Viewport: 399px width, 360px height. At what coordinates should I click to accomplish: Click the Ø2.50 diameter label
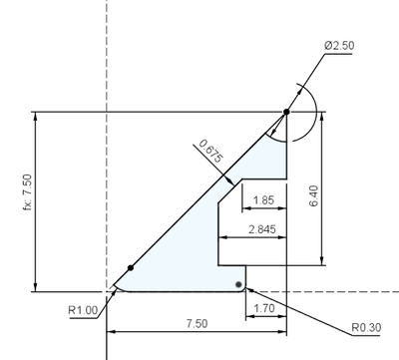point(339,46)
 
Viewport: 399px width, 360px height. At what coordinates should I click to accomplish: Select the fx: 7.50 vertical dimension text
point(28,192)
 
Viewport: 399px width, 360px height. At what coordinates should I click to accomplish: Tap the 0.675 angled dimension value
point(210,151)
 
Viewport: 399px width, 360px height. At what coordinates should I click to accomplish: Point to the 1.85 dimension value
point(263,200)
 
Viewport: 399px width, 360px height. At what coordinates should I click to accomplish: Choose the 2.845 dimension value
point(262,229)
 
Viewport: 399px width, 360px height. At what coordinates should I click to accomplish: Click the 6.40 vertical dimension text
point(313,196)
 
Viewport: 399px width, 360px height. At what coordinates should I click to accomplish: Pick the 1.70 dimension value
point(264,308)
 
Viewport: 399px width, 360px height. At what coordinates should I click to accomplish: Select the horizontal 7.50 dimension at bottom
point(197,323)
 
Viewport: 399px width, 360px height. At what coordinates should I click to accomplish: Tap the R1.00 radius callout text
point(83,310)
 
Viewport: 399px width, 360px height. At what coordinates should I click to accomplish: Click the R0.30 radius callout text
point(366,328)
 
